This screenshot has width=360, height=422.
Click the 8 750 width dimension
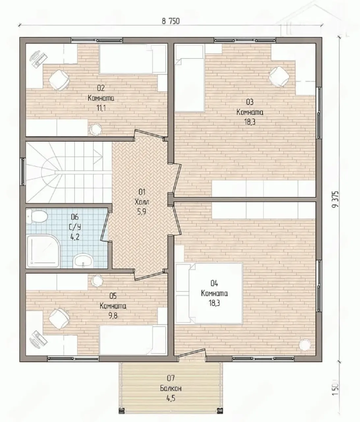pos(171,21)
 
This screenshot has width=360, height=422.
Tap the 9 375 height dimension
pos(335,199)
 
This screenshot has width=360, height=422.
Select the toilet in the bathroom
pos(37,217)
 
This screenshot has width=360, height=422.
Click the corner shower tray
pos(43,252)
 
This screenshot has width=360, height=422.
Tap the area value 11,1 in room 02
pos(101,108)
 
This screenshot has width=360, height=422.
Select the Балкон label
pos(171,388)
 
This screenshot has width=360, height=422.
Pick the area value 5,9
pos(142,212)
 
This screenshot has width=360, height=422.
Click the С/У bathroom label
pos(75,227)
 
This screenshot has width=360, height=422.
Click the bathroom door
pos(105,226)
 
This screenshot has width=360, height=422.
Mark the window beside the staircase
pos(23,171)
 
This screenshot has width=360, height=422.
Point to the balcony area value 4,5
pos(171,398)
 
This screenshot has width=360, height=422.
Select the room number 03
pos(250,102)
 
